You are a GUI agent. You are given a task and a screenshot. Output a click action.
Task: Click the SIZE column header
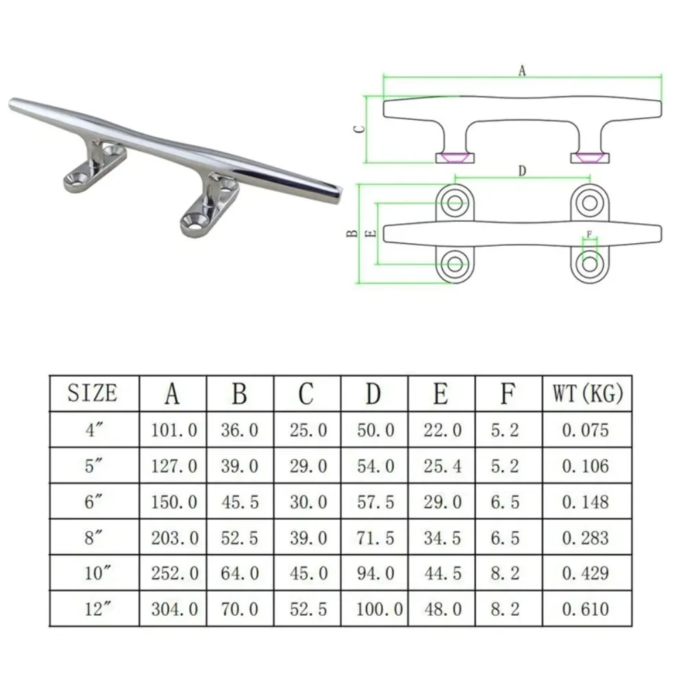92,393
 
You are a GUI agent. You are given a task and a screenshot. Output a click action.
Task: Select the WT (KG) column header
588,393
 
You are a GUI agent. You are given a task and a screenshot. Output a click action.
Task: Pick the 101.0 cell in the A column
174,430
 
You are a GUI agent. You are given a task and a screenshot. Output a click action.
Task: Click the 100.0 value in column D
379,609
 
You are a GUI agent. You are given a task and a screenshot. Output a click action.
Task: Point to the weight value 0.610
586,609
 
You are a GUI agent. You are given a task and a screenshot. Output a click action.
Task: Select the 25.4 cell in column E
442,466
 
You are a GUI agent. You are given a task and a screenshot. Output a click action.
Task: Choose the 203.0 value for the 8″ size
175,538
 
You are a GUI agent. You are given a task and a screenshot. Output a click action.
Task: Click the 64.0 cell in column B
239,573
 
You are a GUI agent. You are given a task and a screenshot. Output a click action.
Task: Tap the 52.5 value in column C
308,609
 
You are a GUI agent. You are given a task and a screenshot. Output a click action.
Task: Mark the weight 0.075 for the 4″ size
586,430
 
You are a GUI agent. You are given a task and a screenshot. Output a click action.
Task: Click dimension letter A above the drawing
522,71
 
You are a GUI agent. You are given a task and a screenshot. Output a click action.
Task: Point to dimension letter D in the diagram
522,171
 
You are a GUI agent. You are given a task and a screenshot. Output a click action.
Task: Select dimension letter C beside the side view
359,129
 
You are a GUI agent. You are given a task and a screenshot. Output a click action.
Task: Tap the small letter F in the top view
589,234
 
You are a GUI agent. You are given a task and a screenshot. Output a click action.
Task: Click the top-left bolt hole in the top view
455,203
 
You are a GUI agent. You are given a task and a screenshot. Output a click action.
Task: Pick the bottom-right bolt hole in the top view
590,264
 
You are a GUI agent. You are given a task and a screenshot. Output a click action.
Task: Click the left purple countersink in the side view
455,157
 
